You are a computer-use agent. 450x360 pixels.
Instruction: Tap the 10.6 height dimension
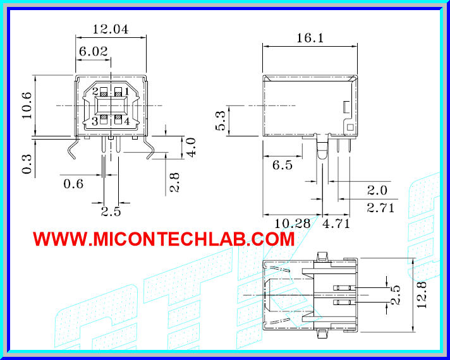click(x=26, y=105)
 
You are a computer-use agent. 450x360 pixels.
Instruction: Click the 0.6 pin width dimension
click(x=73, y=184)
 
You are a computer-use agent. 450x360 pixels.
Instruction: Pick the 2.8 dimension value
click(x=175, y=183)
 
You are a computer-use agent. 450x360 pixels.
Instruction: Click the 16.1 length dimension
click(x=310, y=39)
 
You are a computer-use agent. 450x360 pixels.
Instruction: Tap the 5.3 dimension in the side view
click(x=221, y=121)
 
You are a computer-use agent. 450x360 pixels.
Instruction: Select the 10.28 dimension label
click(x=293, y=223)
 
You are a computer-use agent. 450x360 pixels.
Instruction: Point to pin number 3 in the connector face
click(x=95, y=121)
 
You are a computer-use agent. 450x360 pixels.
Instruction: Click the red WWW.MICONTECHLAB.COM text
click(x=164, y=239)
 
